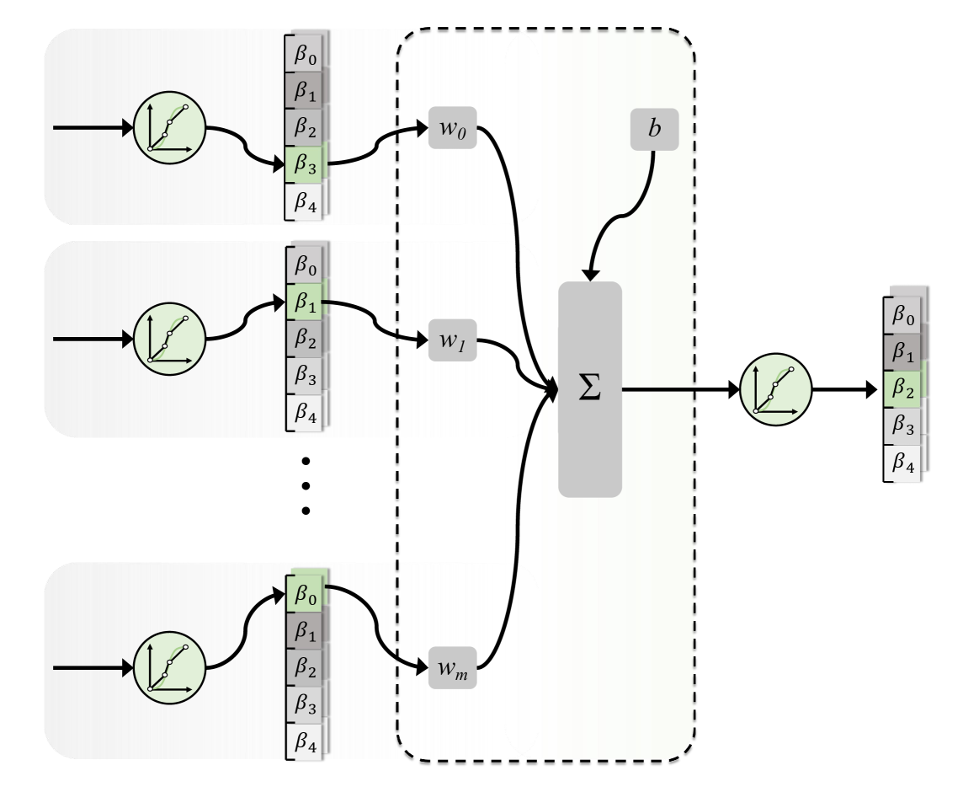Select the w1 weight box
[x=453, y=340]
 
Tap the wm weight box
[x=453, y=669]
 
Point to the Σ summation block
[x=590, y=389]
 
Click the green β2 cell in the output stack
[x=903, y=388]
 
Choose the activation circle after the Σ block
[x=775, y=389]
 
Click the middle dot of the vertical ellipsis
[x=306, y=485]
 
